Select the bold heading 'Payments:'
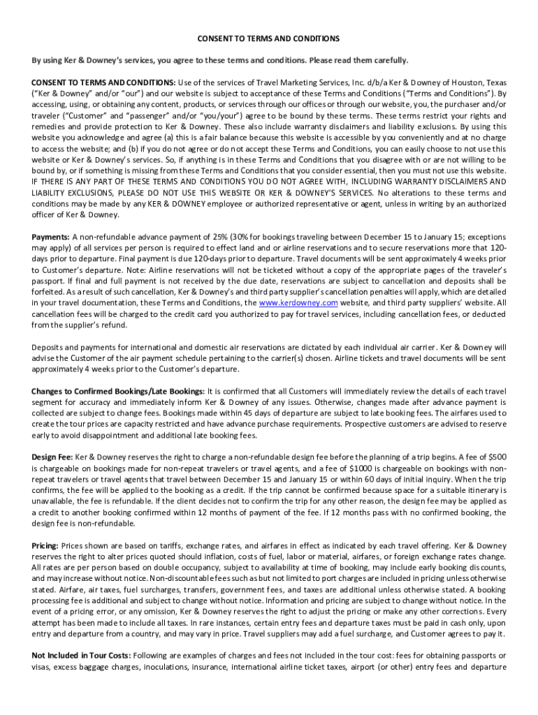click(50, 236)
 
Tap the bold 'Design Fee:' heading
click(52, 457)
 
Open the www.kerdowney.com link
click(298, 303)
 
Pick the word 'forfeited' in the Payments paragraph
click(48, 292)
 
